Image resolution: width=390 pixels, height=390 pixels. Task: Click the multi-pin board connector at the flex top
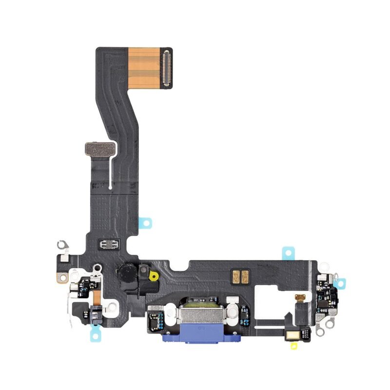tap(167, 68)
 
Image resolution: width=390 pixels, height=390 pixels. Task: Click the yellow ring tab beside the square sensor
tap(154, 276)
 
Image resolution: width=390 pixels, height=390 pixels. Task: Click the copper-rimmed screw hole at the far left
tap(62, 278)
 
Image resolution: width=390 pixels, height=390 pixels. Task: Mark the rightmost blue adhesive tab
tap(342, 283)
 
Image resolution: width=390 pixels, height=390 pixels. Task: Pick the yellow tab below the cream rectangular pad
tap(294, 346)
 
